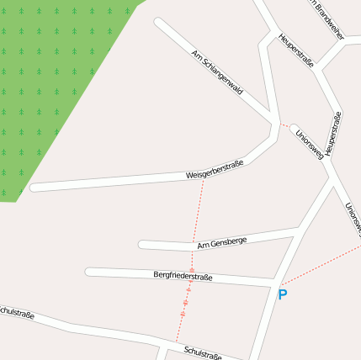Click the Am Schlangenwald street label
(217, 72)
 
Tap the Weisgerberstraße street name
(215, 169)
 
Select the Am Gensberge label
(221, 243)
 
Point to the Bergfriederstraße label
(183, 276)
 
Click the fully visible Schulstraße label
(203, 352)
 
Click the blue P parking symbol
(283, 295)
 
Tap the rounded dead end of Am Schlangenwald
(158, 22)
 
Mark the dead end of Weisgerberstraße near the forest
(35, 188)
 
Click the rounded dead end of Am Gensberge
(143, 246)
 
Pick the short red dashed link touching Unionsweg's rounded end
(286, 125)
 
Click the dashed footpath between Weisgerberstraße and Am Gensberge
(199, 210)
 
